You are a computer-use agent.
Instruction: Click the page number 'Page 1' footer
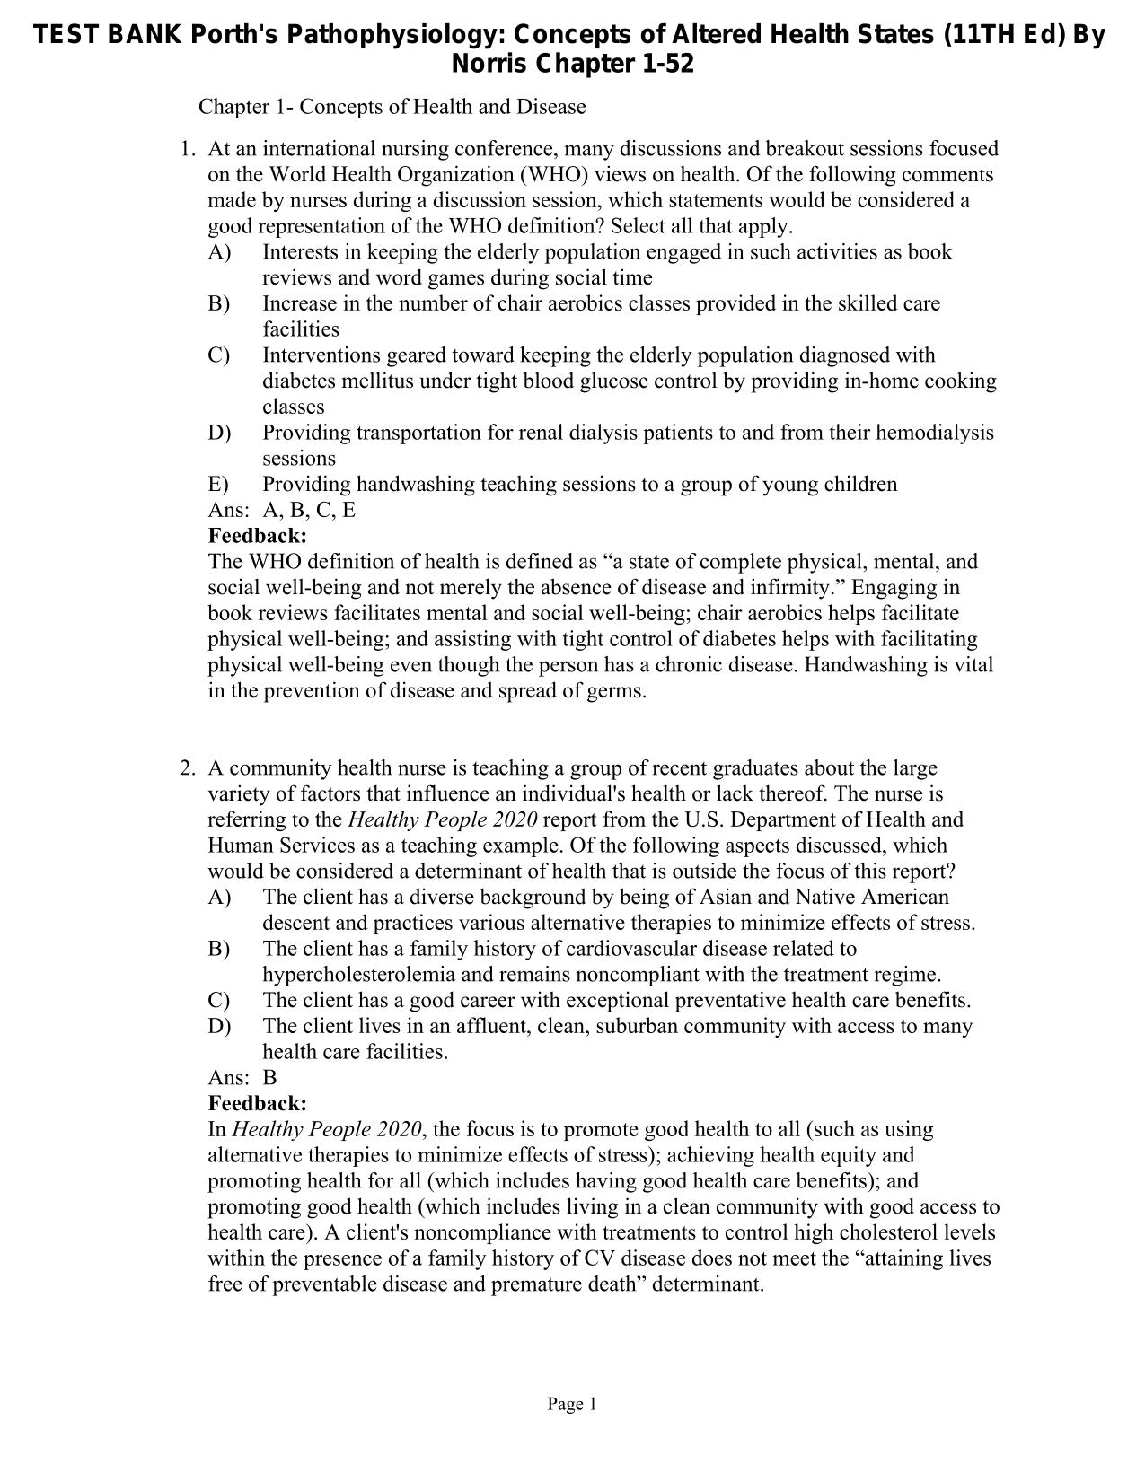[x=572, y=1404]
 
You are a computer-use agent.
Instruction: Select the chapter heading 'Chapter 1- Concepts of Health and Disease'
[x=392, y=107]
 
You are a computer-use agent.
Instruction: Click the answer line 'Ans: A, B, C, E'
[x=282, y=510]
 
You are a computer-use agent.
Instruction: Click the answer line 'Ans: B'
[x=242, y=1077]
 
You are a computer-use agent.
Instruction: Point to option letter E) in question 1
[x=218, y=485]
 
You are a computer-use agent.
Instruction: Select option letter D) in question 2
[x=219, y=1026]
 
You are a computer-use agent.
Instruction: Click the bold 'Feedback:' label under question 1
[x=257, y=536]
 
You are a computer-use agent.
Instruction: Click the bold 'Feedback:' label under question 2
[x=257, y=1103]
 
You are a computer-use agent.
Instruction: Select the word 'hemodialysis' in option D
[x=935, y=433]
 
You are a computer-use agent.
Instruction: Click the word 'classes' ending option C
[x=293, y=407]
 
